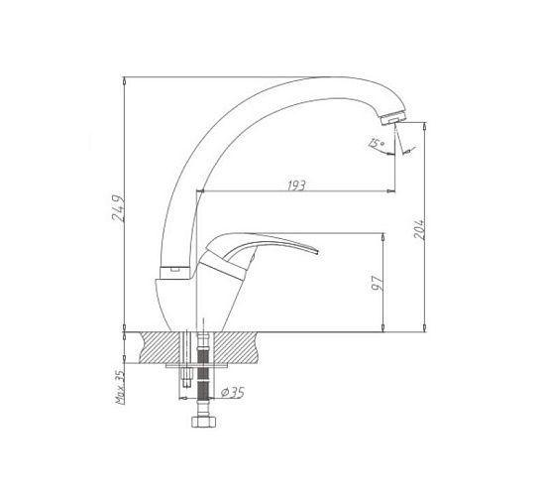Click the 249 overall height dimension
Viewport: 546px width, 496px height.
click(118, 207)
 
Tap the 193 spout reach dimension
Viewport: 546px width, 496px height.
click(296, 186)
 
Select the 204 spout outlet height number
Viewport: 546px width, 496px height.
click(419, 229)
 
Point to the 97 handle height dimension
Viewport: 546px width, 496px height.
click(378, 283)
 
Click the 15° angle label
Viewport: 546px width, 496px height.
click(377, 143)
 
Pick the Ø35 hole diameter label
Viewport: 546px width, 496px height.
click(233, 393)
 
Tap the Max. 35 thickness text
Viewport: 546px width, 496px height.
click(120, 387)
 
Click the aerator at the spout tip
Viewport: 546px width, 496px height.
click(393, 117)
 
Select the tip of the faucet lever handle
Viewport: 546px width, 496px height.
click(317, 252)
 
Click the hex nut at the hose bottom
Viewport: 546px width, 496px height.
click(204, 422)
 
